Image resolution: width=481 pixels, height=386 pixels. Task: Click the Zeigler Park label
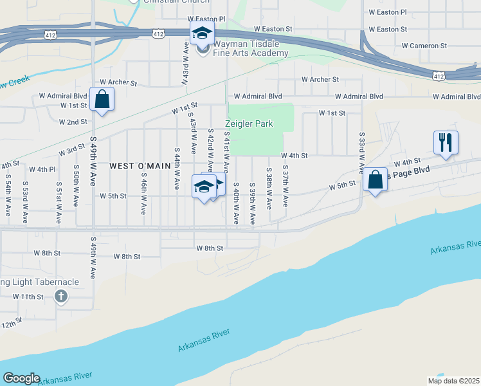(249, 124)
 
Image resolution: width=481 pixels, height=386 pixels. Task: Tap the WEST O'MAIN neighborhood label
(140, 165)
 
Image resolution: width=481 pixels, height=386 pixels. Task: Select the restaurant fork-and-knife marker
(445, 143)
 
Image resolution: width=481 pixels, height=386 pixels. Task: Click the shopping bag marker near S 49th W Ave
(102, 100)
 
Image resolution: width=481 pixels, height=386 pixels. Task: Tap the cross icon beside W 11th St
(61, 297)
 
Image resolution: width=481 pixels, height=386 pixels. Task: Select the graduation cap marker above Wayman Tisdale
(201, 33)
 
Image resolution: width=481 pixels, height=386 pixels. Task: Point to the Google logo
(21, 378)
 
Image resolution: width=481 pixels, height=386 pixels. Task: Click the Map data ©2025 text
(453, 381)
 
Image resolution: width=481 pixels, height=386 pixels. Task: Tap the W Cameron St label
(424, 46)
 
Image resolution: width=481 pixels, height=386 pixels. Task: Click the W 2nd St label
(73, 122)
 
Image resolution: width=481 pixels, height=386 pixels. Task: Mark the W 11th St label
(28, 297)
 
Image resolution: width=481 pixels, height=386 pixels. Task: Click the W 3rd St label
(71, 151)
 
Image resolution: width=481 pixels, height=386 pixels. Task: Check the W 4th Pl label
(43, 169)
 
